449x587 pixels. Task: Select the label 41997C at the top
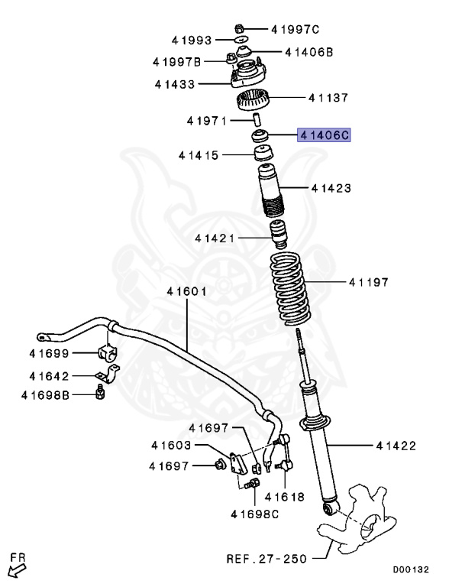pyautogui.click(x=294, y=30)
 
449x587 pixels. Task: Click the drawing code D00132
pyautogui.click(x=411, y=569)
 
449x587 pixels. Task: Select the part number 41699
pyautogui.click(x=50, y=353)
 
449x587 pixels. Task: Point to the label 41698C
pyautogui.click(x=255, y=514)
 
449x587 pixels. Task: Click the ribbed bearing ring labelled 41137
pyautogui.click(x=254, y=99)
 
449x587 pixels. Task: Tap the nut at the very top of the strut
pyautogui.click(x=240, y=21)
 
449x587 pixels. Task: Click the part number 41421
pyautogui.click(x=215, y=238)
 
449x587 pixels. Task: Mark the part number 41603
pyautogui.click(x=171, y=445)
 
